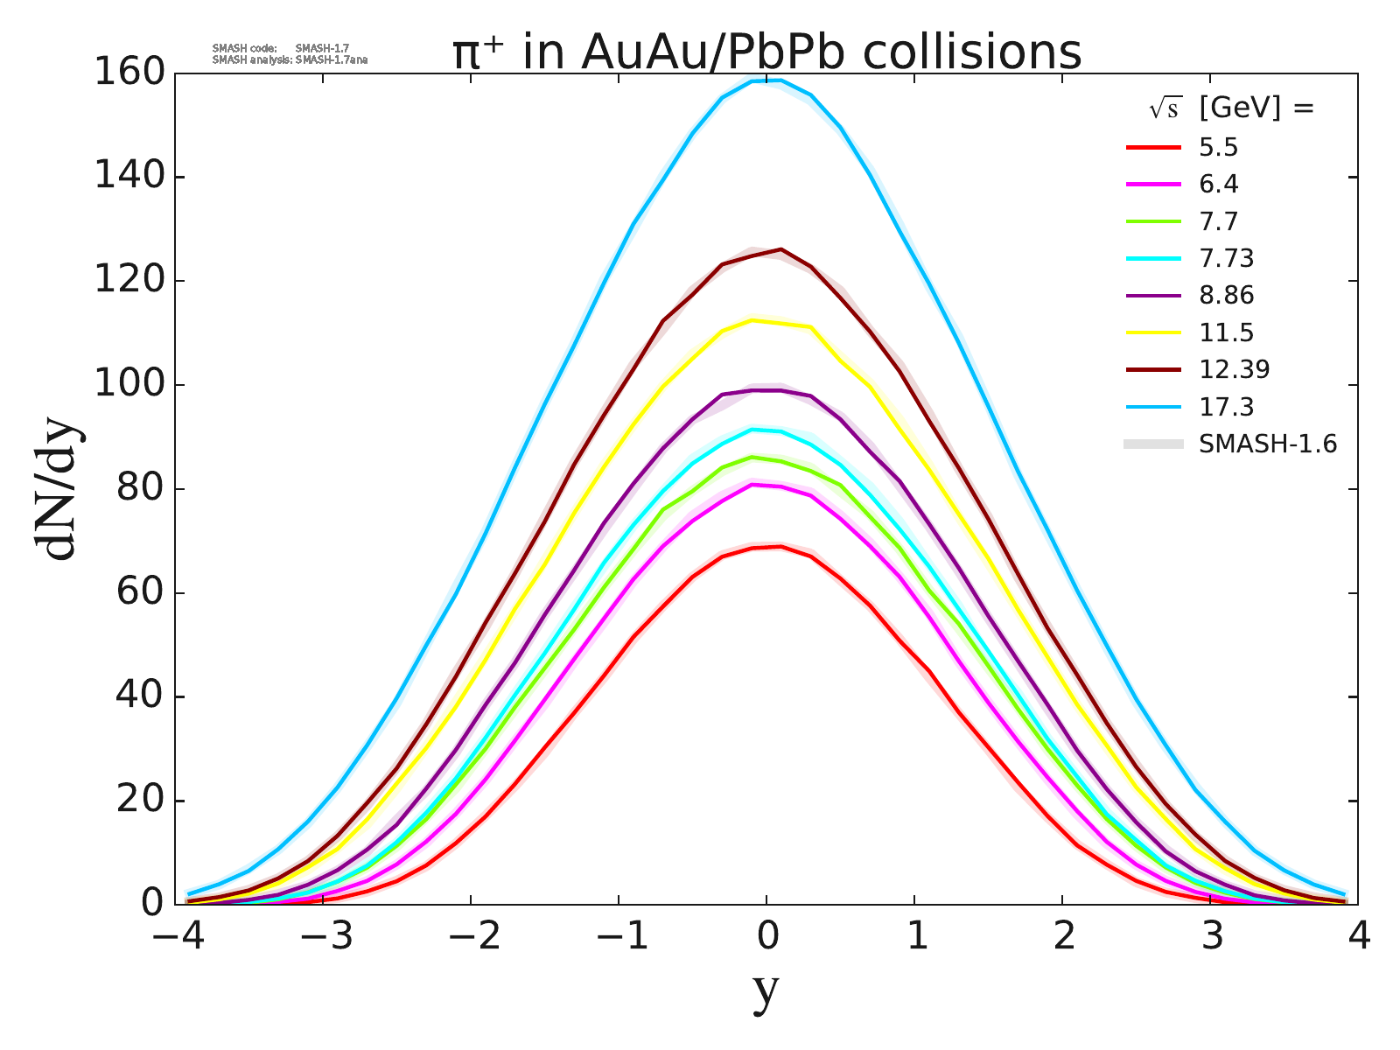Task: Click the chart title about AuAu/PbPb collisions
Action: (x=766, y=52)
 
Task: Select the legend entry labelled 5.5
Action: (x=1218, y=147)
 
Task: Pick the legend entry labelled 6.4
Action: (x=1218, y=185)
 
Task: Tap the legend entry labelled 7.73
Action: (x=1226, y=258)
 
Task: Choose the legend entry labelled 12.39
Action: (x=1234, y=369)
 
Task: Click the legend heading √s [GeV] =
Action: (x=1231, y=108)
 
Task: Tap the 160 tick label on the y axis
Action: (x=129, y=73)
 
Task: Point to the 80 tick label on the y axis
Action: (x=140, y=489)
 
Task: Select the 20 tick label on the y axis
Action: (x=140, y=801)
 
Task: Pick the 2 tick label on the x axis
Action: (x=1063, y=937)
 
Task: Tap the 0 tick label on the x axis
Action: (x=767, y=937)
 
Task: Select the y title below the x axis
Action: (x=766, y=991)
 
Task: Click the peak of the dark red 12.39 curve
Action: (x=780, y=248)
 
